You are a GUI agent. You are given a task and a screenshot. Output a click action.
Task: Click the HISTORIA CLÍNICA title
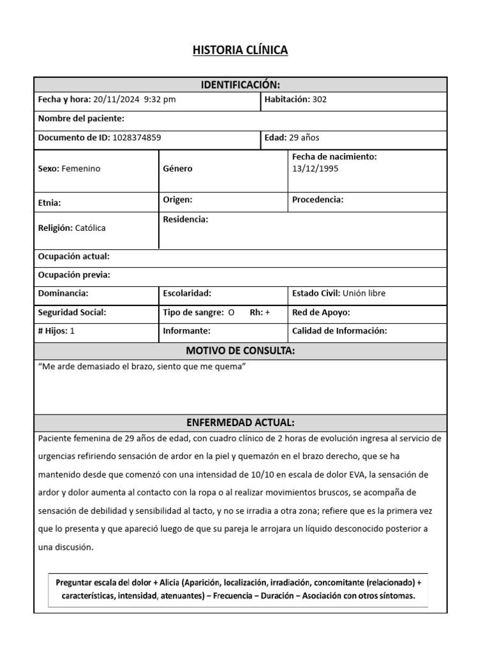(240, 50)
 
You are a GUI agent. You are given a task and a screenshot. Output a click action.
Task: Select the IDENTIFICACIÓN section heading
(240, 85)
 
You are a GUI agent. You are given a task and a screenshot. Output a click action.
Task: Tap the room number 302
(320, 99)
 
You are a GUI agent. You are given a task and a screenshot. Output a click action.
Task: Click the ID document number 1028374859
(137, 137)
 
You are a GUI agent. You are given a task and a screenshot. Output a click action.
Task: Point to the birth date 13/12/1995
(315, 169)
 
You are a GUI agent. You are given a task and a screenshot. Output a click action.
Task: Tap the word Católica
(90, 228)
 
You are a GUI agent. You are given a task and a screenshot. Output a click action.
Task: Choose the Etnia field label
(50, 203)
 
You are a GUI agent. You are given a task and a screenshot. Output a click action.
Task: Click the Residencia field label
(185, 219)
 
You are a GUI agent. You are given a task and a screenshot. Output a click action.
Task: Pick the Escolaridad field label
(187, 293)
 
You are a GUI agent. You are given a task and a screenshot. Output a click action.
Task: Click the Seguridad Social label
(72, 312)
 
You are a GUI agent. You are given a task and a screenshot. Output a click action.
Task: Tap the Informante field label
(186, 331)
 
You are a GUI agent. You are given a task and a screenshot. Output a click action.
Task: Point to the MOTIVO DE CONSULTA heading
(240, 351)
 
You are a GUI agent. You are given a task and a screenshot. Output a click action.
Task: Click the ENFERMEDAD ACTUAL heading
(240, 423)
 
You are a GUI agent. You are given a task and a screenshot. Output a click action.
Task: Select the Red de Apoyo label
(321, 312)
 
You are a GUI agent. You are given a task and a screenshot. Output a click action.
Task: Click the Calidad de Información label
(339, 331)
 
